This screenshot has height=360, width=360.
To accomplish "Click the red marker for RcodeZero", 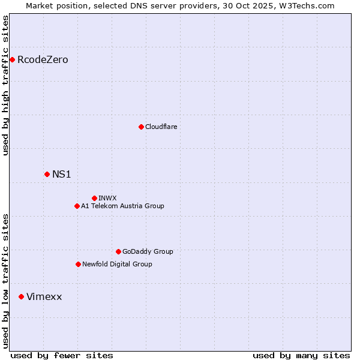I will [x=12, y=59].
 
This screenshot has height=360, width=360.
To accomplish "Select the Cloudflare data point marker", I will [x=141, y=127].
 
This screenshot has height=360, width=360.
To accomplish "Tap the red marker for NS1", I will [x=47, y=174].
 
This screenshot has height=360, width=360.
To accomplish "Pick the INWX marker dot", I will [x=94, y=198].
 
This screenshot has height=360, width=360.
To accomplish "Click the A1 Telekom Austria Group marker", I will [x=77, y=206].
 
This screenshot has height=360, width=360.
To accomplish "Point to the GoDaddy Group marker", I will [x=118, y=251].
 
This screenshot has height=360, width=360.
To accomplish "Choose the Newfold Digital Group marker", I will [x=78, y=264].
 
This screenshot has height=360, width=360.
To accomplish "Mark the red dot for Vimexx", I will [x=21, y=296].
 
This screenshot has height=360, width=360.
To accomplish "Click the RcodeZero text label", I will [x=43, y=59].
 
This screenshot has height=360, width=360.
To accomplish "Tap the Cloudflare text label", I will [x=161, y=127].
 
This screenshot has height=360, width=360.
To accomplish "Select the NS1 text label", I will [x=61, y=174].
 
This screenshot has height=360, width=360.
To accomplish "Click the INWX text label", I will [x=107, y=198].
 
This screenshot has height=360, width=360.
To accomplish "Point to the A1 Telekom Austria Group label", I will [x=122, y=206].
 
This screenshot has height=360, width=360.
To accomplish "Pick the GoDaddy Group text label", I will [x=148, y=251].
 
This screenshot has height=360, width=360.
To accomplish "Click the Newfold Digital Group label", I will [x=117, y=264].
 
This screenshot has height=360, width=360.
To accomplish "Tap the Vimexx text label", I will [x=44, y=296].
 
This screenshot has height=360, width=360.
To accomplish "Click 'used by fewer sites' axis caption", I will [x=62, y=355].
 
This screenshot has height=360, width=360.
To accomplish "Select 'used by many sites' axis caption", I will [x=301, y=355].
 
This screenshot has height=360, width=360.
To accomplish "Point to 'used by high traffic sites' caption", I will [x=6, y=85].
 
